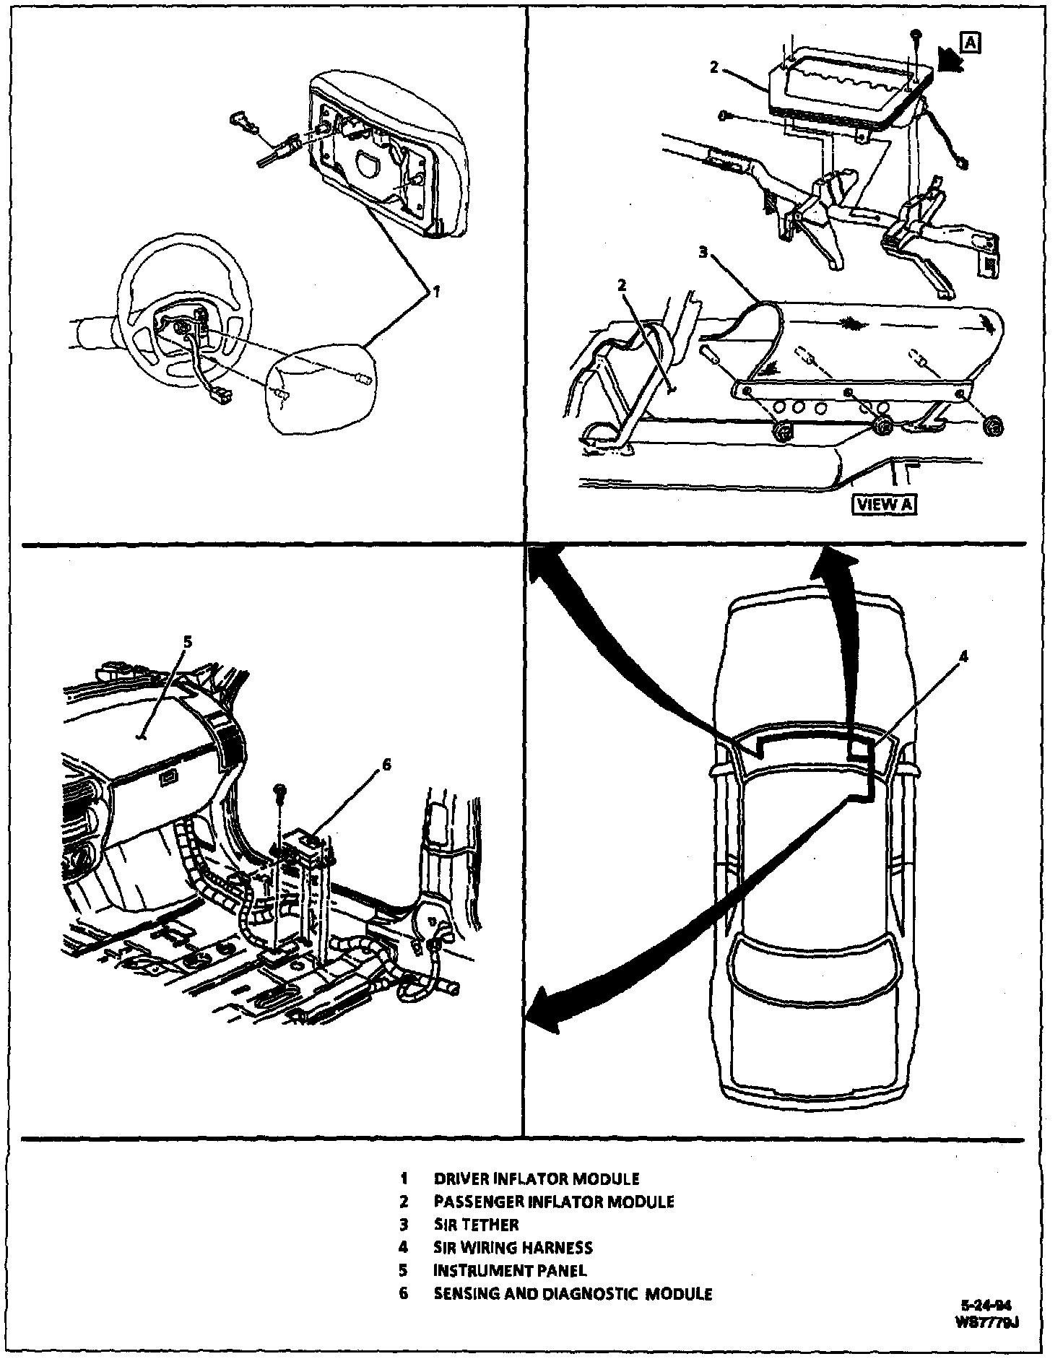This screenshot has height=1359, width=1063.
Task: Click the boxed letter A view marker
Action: [971, 43]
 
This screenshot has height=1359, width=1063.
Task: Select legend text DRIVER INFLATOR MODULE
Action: [536, 1179]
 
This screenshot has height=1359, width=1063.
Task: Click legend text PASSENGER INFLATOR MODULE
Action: [553, 1202]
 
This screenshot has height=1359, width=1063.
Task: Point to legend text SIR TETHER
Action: [476, 1225]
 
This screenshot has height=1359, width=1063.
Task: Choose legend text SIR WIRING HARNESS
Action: [513, 1247]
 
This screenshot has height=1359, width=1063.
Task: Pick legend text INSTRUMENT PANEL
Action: [510, 1270]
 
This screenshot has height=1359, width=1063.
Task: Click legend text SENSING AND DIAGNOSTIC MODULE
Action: [573, 1293]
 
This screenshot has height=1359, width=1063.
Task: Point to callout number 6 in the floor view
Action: [386, 765]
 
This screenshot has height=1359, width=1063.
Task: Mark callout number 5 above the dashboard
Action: [187, 641]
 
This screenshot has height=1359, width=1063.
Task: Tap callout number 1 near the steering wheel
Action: [435, 292]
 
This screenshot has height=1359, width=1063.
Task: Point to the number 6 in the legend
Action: [404, 1293]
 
